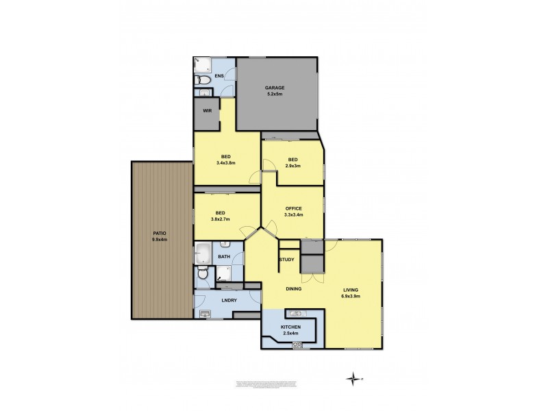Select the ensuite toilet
point(204,92)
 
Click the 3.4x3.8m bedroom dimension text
point(225,164)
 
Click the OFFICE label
point(294,208)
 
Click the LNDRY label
point(229,301)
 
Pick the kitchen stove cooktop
point(297,345)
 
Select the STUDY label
point(286,260)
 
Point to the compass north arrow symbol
point(352,378)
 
